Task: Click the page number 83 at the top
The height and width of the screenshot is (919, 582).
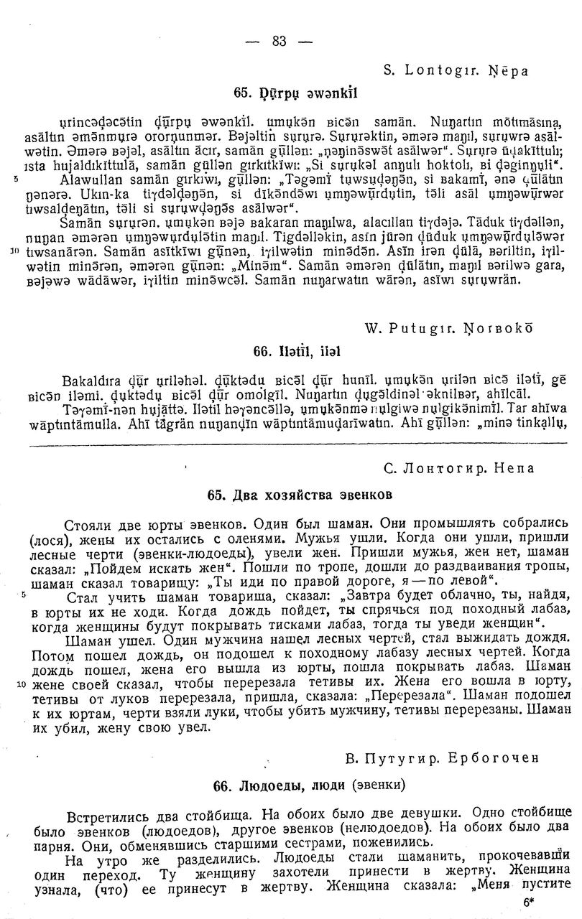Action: pyautogui.click(x=280, y=42)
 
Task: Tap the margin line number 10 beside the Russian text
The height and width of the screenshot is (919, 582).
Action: pyautogui.click(x=20, y=684)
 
